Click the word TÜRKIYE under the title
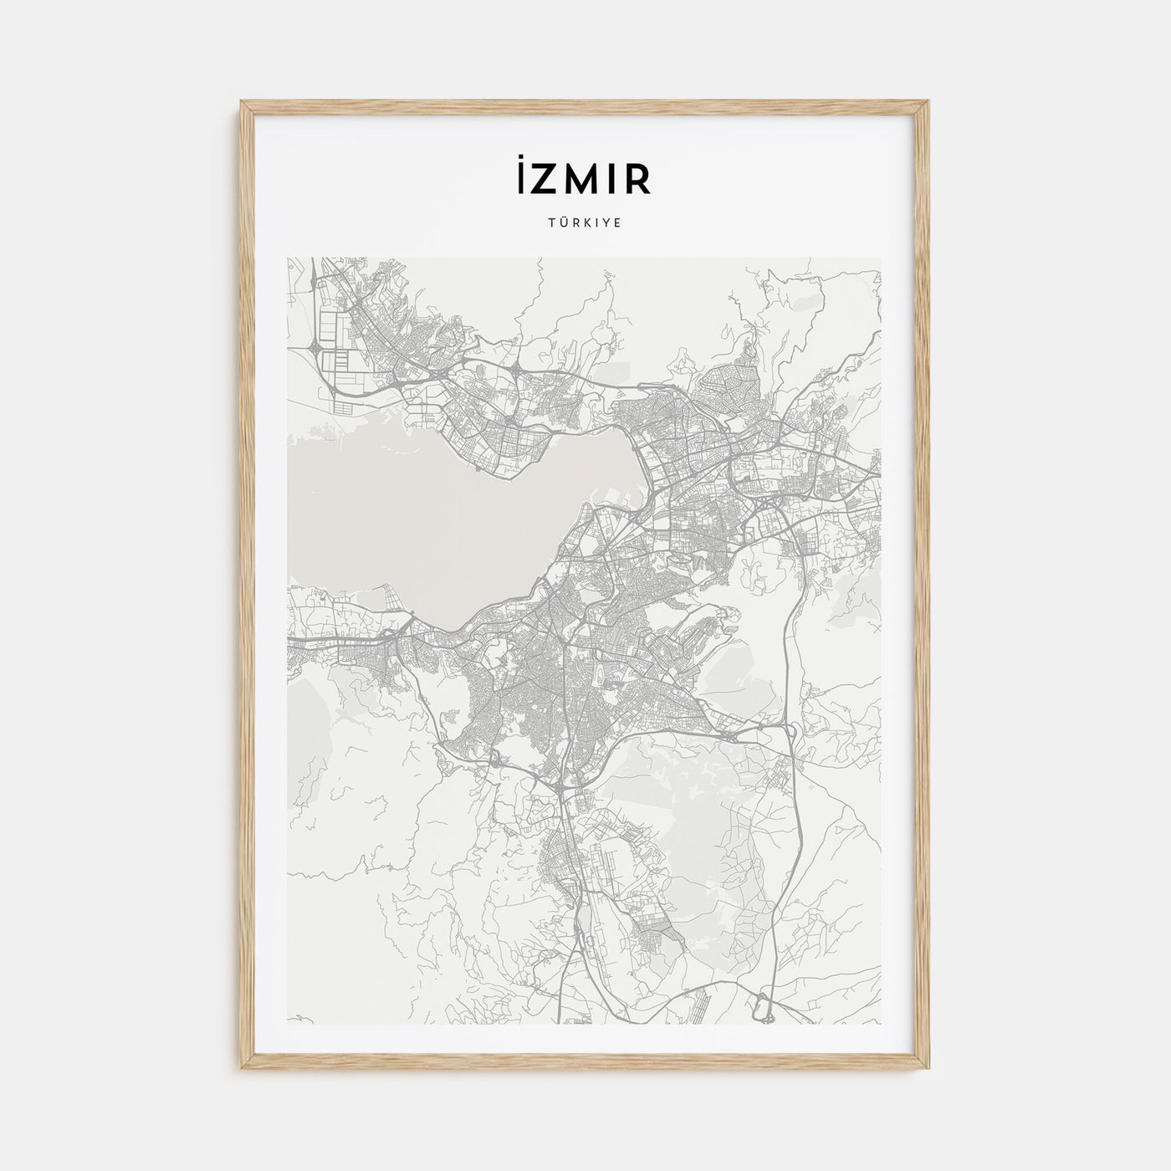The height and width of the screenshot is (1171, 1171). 585,224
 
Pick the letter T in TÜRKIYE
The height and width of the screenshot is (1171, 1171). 555,224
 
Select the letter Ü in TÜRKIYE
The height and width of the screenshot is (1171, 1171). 565,224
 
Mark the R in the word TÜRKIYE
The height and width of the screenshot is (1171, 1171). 575,224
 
